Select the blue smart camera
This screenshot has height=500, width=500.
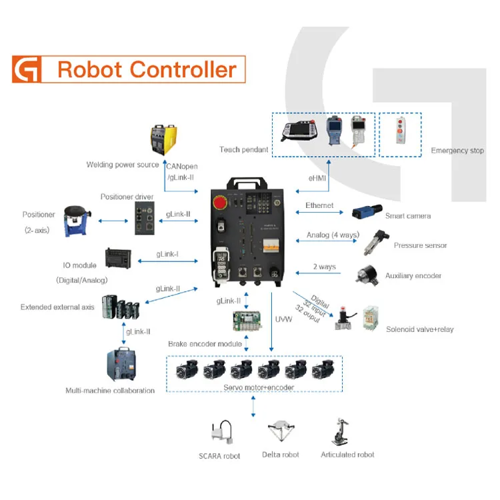tap(366, 213)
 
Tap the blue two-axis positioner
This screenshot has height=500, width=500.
tap(79, 221)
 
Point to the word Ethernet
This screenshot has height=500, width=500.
tap(319, 205)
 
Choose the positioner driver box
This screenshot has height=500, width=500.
tap(145, 219)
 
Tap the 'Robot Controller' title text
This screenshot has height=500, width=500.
tap(146, 69)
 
